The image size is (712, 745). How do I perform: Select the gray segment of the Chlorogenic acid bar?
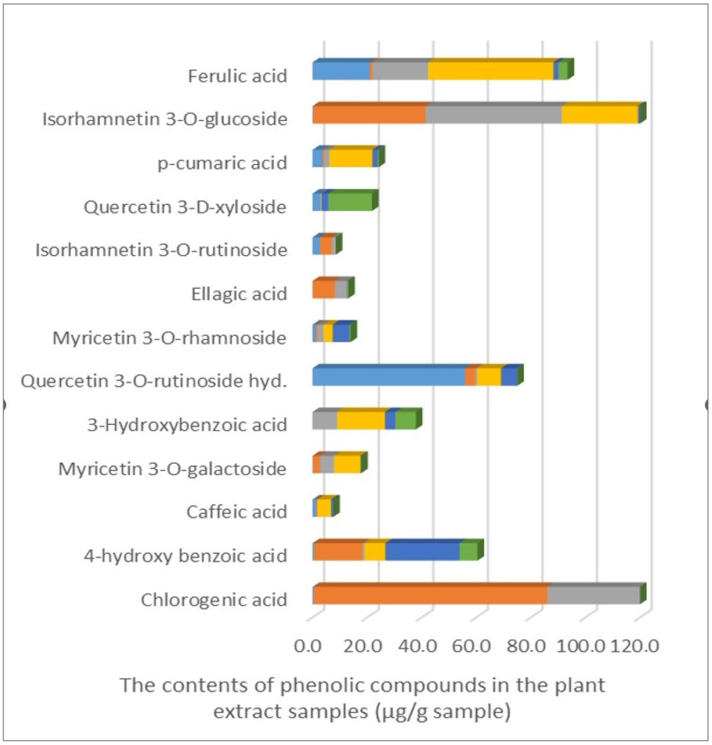pos(593,596)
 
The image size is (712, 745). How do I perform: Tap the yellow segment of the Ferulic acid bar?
pos(490,71)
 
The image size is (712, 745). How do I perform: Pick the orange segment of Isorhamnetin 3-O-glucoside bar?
pos(369,115)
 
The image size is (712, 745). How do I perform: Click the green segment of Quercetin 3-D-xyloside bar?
pos(350,202)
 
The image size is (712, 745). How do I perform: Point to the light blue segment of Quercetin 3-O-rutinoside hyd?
pos(389,377)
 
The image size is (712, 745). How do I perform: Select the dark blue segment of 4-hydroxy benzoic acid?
pos(423,551)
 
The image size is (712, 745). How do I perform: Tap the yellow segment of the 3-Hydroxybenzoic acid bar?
pos(361,420)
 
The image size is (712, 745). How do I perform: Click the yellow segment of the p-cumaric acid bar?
pos(351,158)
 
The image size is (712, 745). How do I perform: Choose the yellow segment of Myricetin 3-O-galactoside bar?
pos(347,464)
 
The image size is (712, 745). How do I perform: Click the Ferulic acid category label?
pos(238,76)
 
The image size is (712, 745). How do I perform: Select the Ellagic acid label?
pos(239,294)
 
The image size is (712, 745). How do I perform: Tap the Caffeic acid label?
pos(237,512)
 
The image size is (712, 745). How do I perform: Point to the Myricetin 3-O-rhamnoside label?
pos(169,338)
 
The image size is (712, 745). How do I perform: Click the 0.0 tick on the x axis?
pos(309,646)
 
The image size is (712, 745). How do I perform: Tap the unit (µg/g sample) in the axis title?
pos(443,711)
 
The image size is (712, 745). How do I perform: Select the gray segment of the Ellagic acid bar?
pos(341,290)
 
